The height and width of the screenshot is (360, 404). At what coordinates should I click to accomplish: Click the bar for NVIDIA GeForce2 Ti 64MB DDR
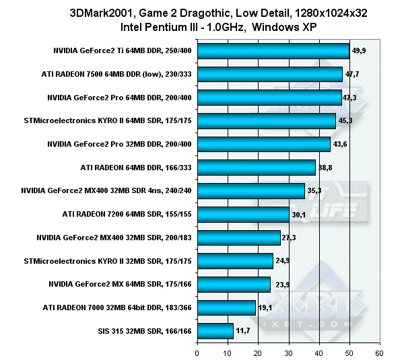[273, 51]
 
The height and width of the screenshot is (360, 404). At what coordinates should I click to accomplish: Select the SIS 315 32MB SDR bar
[215, 331]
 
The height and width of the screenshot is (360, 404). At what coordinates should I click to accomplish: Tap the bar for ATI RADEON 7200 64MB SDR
[243, 215]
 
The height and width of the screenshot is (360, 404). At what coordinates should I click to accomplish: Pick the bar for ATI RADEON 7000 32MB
[226, 308]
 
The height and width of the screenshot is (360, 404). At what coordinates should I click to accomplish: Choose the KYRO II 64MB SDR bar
[266, 121]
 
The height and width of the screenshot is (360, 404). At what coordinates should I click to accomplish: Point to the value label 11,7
[243, 330]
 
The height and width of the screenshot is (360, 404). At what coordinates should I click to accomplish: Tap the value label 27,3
[291, 238]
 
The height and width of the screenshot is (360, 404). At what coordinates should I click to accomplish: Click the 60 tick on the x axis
[380, 352]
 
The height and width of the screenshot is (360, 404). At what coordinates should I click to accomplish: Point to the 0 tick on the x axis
[197, 352]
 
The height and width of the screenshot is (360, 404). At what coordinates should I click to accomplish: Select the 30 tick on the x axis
[288, 352]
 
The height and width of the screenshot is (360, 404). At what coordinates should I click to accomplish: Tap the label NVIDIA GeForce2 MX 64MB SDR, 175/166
[120, 284]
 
